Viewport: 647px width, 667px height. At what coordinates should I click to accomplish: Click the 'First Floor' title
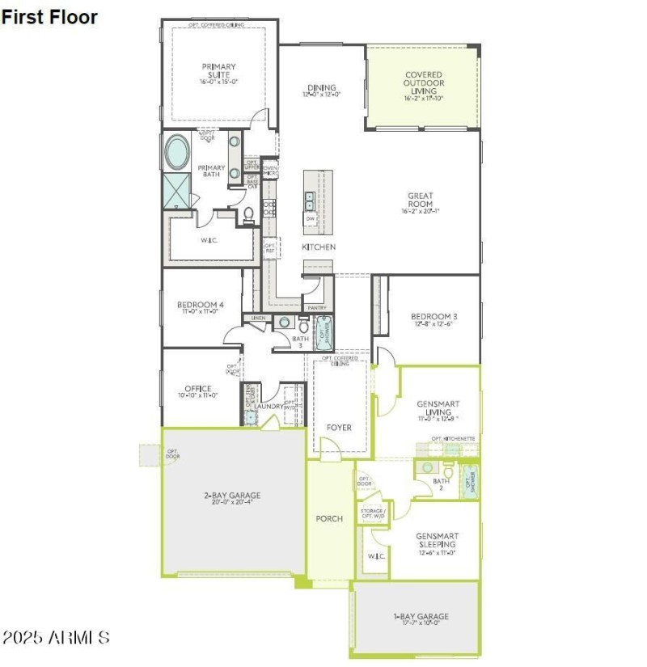[x=49, y=16]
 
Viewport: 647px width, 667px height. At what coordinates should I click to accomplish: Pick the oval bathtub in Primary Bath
[x=178, y=151]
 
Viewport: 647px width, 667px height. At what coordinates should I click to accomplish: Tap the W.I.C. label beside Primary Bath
[x=209, y=240]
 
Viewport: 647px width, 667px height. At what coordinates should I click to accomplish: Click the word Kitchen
[x=319, y=247]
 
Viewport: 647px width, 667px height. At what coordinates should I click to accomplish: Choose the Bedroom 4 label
[x=200, y=308]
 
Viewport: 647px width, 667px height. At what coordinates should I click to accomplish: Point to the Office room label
[x=197, y=392]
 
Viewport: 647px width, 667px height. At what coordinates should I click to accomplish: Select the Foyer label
[x=339, y=427]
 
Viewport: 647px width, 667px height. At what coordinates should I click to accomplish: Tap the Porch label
[x=329, y=518]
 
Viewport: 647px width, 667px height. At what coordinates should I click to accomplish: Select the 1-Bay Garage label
[x=421, y=619]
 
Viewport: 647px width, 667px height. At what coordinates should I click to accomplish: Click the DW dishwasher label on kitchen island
[x=310, y=218]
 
